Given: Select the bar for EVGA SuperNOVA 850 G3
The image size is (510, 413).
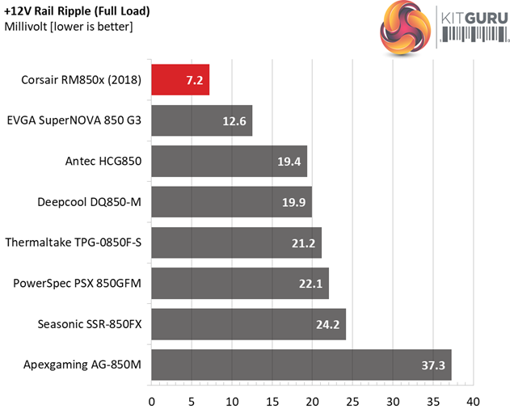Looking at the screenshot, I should (201, 120).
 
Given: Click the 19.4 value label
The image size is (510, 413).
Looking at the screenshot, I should (289, 161).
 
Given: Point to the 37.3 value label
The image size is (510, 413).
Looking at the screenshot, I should (432, 365).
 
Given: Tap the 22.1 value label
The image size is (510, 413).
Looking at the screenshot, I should (310, 283).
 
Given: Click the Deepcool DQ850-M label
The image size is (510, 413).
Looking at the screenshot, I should (90, 201).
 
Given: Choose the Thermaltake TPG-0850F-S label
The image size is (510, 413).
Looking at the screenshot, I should (73, 242).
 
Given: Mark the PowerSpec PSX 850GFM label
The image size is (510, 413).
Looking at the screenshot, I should (78, 283).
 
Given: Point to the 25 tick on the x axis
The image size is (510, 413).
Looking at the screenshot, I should (352, 401).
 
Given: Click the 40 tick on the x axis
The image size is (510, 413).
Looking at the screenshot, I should (473, 401).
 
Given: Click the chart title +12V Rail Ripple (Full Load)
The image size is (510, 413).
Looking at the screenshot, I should (78, 11).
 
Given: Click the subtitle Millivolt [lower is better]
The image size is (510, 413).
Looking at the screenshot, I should (69, 27).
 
